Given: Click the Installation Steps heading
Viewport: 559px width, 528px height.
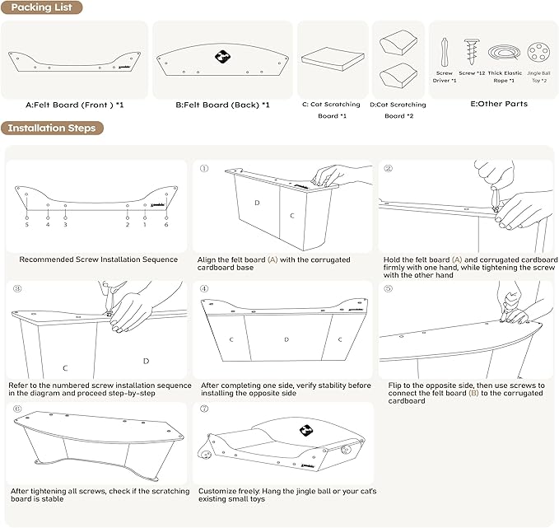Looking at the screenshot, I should click(x=51, y=128).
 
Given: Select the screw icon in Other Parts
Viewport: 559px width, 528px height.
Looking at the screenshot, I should click(x=472, y=52).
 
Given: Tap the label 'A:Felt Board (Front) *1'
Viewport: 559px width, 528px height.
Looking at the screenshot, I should click(x=75, y=105).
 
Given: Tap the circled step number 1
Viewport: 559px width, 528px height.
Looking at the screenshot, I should click(x=203, y=169).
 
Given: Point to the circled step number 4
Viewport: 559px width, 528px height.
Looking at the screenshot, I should click(x=203, y=289).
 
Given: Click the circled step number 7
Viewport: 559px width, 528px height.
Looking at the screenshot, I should click(x=203, y=409).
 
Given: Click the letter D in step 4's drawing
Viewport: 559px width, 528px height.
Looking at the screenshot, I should click(x=286, y=339).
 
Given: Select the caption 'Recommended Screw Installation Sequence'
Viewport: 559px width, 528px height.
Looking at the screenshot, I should click(x=99, y=259).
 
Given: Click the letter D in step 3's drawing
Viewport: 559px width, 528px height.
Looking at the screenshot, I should click(x=146, y=361).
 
